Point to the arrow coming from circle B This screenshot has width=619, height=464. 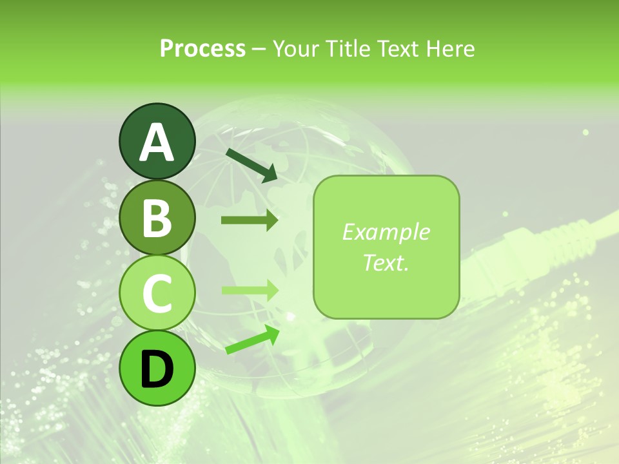pos(250,220)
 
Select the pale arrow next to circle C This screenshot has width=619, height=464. pos(250,290)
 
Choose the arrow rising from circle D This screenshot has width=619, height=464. pos(252,340)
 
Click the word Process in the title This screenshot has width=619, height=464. pos(202,48)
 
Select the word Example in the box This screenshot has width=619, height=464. pos(386,232)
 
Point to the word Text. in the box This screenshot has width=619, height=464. pos(386,262)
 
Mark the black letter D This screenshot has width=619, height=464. pos(157,369)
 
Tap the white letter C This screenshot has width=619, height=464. pos(157,293)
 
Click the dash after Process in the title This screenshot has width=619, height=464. pos(259,49)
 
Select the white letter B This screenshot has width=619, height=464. pos(157,218)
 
